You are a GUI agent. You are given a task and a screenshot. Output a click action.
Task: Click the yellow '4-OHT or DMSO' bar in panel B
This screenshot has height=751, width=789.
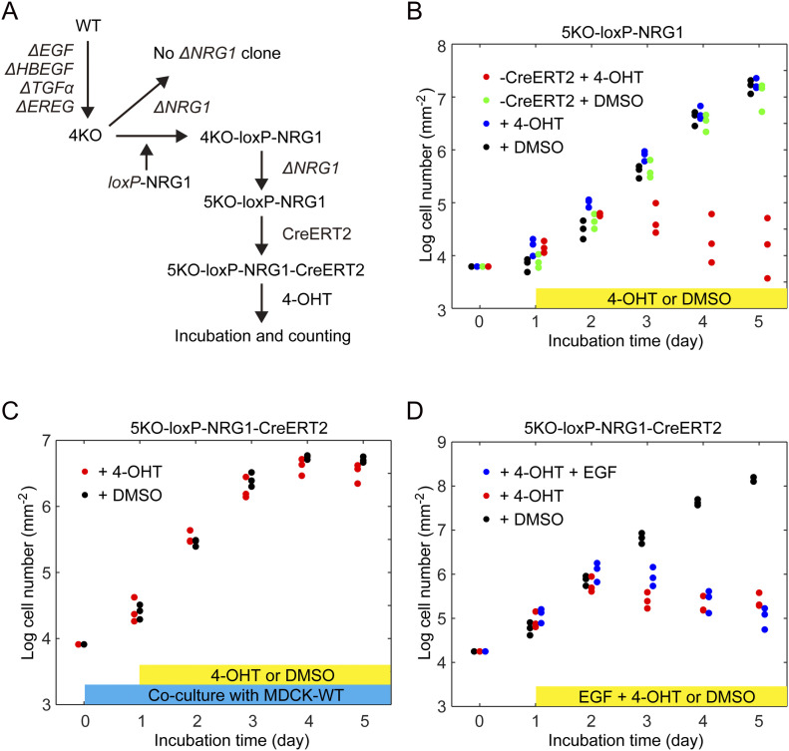point(661,297)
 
